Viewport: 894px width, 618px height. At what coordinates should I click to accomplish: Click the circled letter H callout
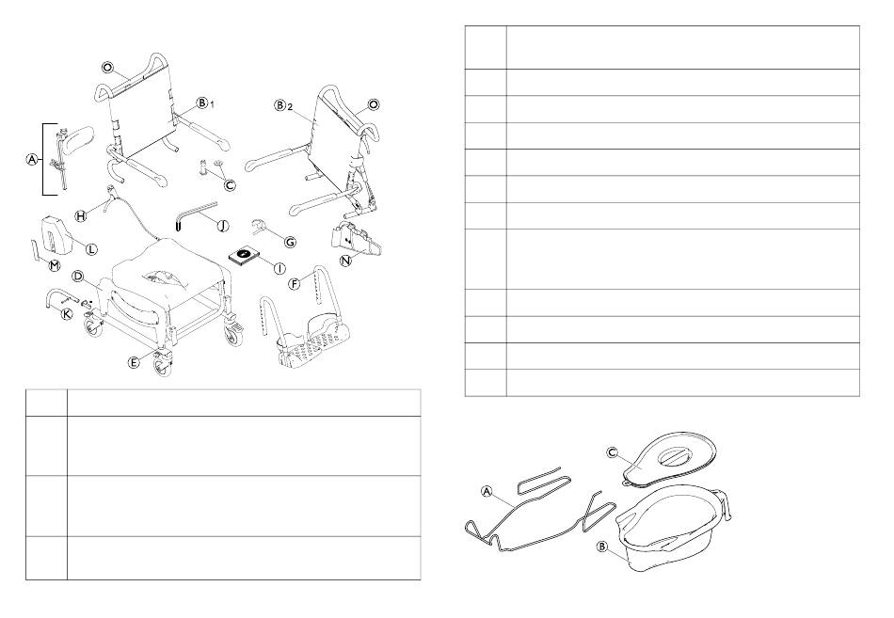[x=81, y=215]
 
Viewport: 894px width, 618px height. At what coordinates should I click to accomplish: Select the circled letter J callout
[x=224, y=226]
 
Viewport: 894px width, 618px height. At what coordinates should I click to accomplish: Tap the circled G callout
[x=290, y=243]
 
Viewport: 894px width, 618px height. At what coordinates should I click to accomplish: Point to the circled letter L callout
[x=91, y=249]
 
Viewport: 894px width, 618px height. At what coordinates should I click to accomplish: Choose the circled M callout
[x=55, y=265]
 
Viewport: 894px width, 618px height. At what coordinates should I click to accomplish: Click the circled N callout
[x=345, y=261]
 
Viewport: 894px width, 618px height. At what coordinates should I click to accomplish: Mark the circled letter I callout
[x=279, y=268]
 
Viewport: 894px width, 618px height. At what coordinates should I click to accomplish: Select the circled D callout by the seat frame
[x=78, y=277]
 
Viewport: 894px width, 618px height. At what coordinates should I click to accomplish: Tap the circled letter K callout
[x=67, y=313]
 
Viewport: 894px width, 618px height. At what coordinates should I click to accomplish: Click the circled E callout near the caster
[x=133, y=362]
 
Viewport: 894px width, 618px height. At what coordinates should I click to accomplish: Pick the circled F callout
[x=295, y=282]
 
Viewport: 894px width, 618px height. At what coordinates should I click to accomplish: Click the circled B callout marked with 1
[x=201, y=103]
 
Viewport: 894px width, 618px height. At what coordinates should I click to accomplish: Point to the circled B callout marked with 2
[x=279, y=105]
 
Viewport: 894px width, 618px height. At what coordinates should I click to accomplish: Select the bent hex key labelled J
[x=194, y=214]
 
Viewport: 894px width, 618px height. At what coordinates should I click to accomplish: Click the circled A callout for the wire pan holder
[x=487, y=491]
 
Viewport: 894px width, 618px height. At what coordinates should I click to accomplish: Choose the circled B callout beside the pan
[x=601, y=547]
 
